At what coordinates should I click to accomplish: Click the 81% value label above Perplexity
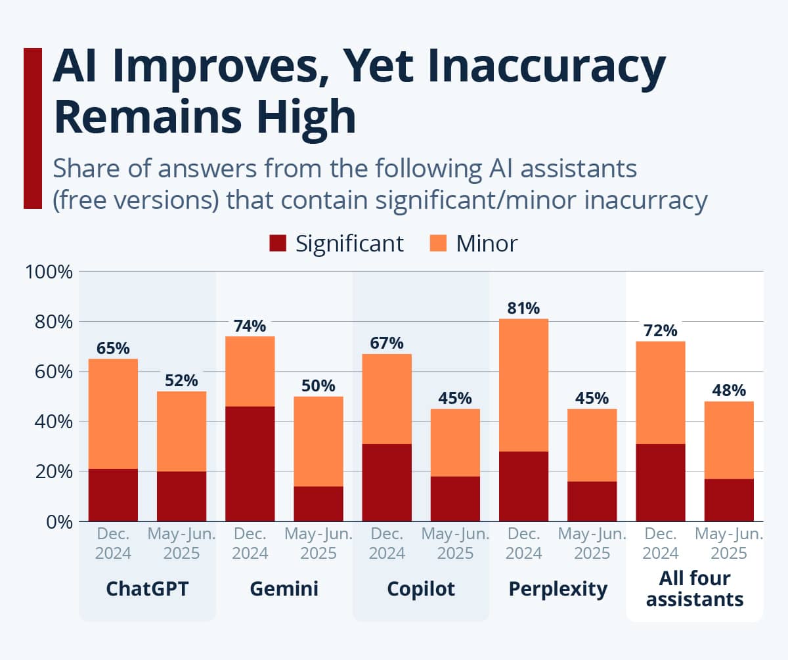523,308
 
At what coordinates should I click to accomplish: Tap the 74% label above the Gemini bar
250,326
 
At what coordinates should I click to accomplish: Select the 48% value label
729,391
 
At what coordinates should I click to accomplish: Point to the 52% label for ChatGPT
181,381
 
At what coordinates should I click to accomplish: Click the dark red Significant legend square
278,243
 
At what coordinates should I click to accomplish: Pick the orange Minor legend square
438,243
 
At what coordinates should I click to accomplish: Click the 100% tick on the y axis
49,272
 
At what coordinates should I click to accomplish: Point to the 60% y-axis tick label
54,372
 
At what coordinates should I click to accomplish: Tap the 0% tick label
59,522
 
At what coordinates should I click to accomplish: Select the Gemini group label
284,588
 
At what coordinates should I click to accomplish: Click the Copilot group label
421,588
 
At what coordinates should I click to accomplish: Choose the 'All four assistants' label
695,588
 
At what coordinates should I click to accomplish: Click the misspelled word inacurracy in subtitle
646,200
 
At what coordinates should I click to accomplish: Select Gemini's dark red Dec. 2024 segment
250,464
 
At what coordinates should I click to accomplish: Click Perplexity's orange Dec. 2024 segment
523,385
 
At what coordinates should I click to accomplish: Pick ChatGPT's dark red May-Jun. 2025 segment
181,496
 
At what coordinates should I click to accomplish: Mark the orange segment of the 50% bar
318,441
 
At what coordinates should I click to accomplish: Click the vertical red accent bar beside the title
33,128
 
